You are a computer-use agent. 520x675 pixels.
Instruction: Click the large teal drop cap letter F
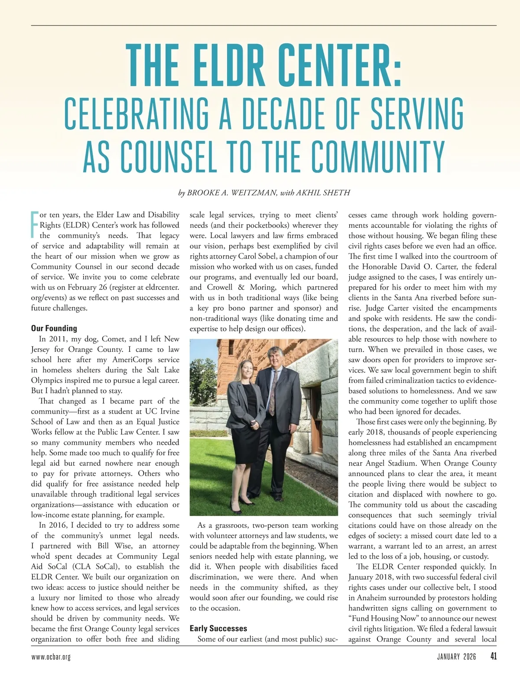point(35,225)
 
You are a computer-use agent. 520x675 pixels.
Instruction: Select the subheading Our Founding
point(54,328)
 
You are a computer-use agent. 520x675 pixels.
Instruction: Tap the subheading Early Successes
point(218,628)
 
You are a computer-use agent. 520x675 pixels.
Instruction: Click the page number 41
point(493,656)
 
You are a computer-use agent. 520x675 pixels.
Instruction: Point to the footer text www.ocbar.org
point(51,657)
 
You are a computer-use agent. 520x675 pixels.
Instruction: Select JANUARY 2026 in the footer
point(456,657)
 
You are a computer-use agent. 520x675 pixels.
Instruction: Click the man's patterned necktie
point(273,392)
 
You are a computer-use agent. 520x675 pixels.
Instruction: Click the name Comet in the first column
point(114,339)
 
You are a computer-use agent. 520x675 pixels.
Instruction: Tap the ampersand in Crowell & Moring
point(241,287)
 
